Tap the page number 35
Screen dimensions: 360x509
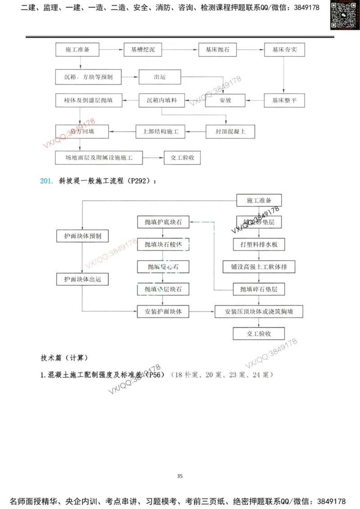point(180,476)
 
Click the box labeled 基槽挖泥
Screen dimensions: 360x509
point(143,50)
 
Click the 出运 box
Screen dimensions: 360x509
point(159,77)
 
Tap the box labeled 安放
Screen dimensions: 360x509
point(225,101)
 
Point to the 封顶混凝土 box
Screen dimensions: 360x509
point(230,132)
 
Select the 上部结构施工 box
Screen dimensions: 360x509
point(161,132)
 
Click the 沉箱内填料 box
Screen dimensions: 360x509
point(161,101)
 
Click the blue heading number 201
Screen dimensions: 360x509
point(47,181)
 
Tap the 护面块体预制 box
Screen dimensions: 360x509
point(82,236)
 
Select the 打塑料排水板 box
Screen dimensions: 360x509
point(259,244)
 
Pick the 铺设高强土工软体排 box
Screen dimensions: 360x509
point(259,266)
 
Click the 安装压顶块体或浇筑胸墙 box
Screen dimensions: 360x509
point(259,311)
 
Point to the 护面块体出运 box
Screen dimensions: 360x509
point(82,279)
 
